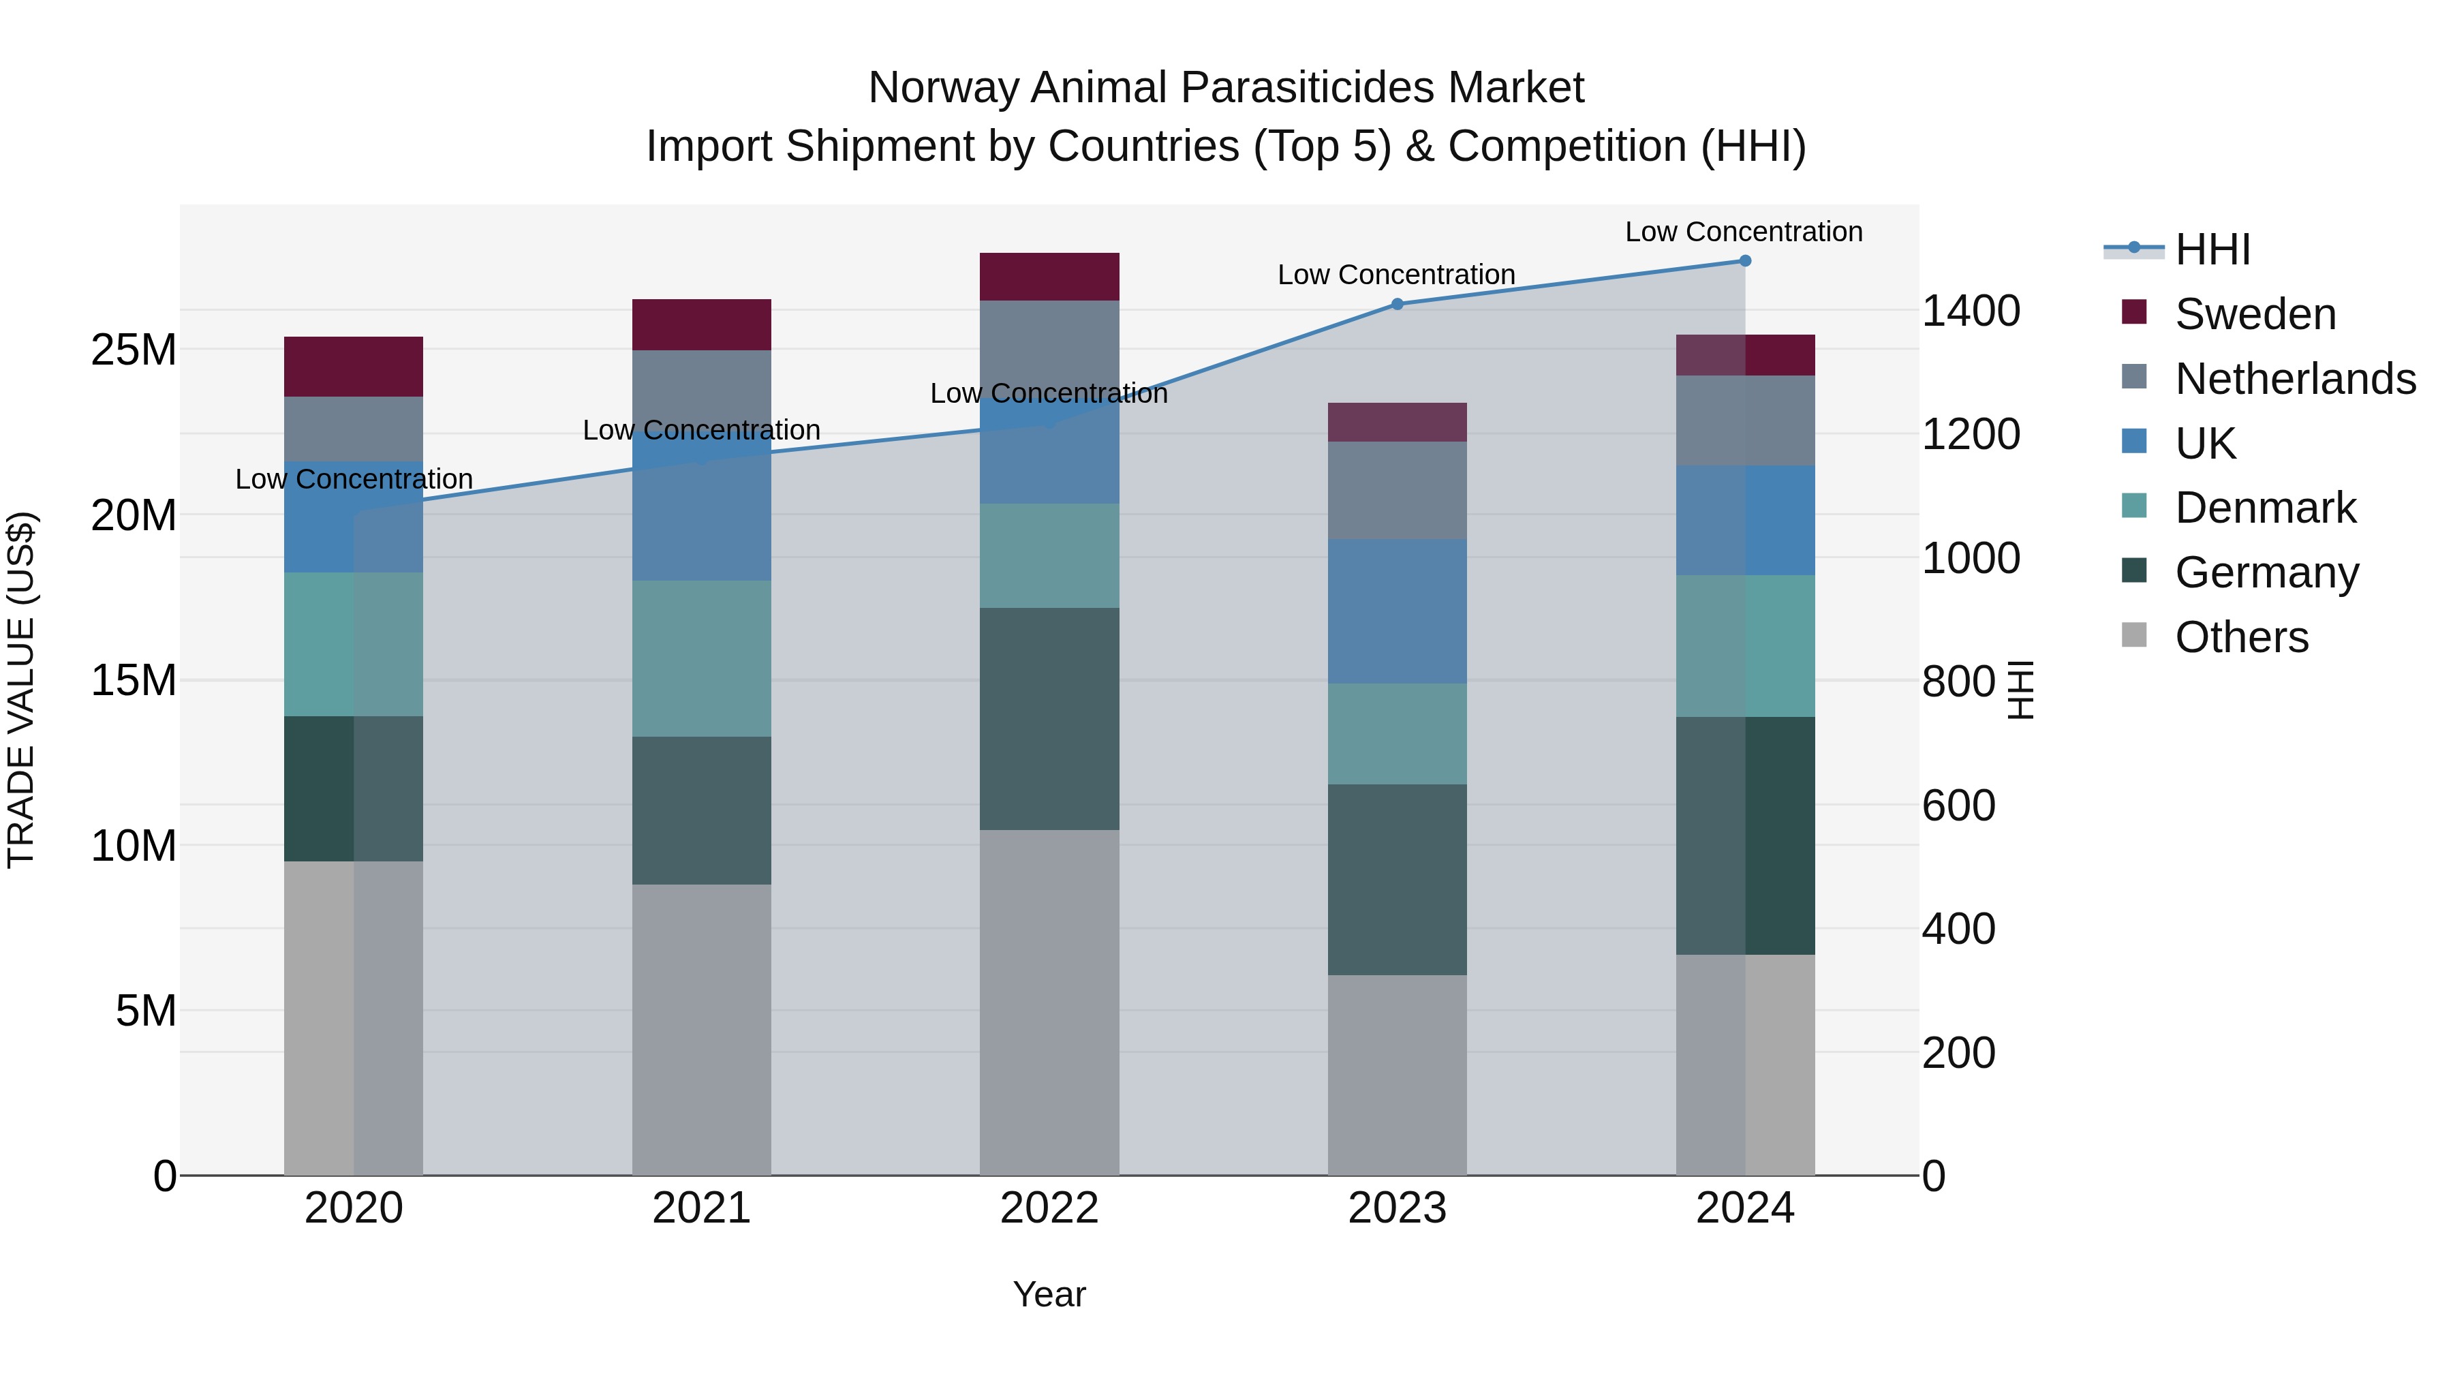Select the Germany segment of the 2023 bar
(1397, 879)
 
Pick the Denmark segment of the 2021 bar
(701, 658)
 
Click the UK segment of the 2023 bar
(1397, 611)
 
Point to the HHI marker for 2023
(1397, 304)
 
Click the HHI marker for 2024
(1744, 260)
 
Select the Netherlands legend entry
(2295, 378)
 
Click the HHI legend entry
(2212, 249)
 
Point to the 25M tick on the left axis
(134, 350)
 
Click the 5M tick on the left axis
(146, 1011)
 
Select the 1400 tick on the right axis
(1970, 311)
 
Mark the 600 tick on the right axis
(1958, 805)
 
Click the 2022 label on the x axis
(1049, 1208)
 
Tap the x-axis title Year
(1049, 1294)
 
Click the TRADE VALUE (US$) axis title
(21, 690)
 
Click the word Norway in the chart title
(943, 88)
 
